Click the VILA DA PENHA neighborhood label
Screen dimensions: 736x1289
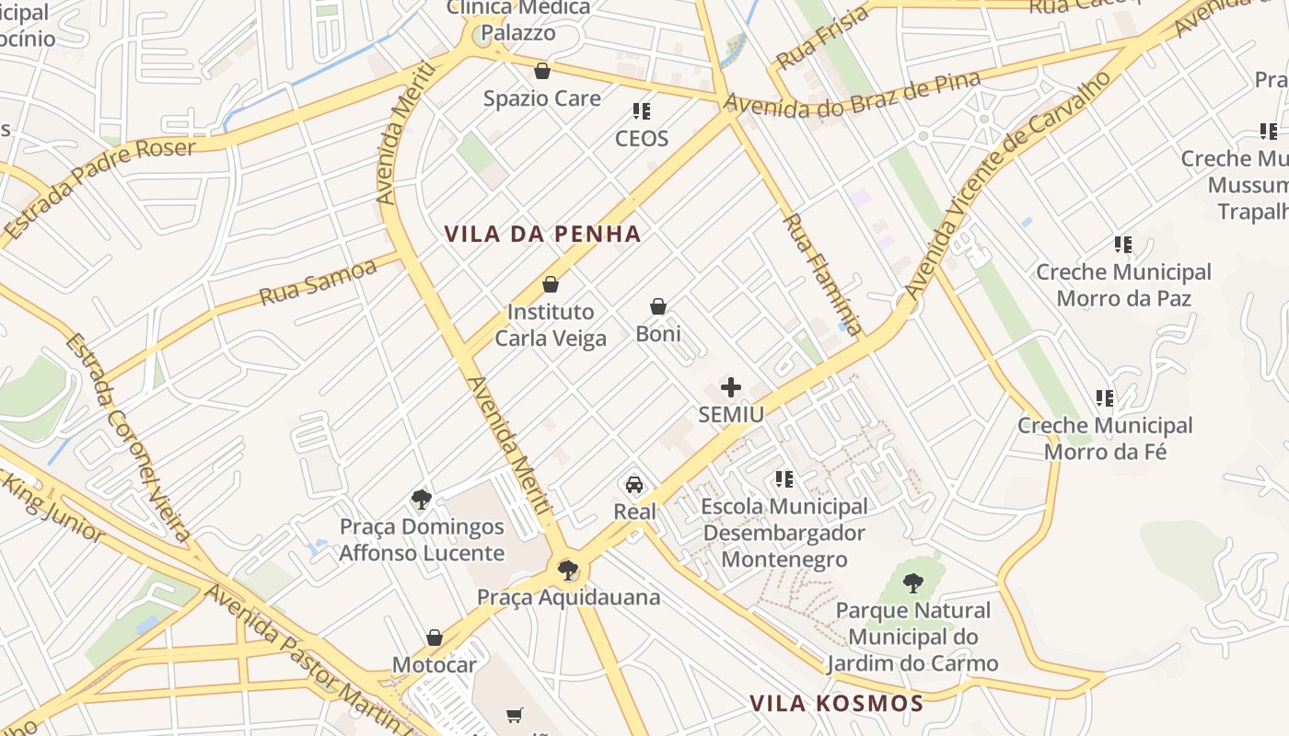click(542, 234)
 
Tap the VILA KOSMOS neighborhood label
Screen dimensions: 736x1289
click(836, 704)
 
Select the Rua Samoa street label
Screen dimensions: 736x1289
click(318, 282)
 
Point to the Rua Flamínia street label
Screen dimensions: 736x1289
click(823, 274)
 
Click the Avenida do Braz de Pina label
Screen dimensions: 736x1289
click(852, 96)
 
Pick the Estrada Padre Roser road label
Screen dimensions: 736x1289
click(99, 189)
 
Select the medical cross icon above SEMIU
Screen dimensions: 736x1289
click(731, 387)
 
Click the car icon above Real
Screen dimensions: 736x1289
click(634, 484)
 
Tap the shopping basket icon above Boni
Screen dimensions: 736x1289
click(658, 306)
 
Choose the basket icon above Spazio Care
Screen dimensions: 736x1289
click(542, 71)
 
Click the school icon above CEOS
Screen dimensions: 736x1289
click(642, 111)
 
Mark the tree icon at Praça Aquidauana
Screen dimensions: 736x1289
click(568, 570)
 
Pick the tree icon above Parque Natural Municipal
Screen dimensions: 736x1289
click(912, 582)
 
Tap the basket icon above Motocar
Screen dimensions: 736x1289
click(435, 638)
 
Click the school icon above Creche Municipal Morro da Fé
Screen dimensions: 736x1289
click(1105, 398)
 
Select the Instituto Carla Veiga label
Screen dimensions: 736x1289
click(551, 325)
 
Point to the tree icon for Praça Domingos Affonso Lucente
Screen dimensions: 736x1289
click(422, 500)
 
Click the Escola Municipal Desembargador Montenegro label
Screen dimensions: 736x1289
click(784, 533)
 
